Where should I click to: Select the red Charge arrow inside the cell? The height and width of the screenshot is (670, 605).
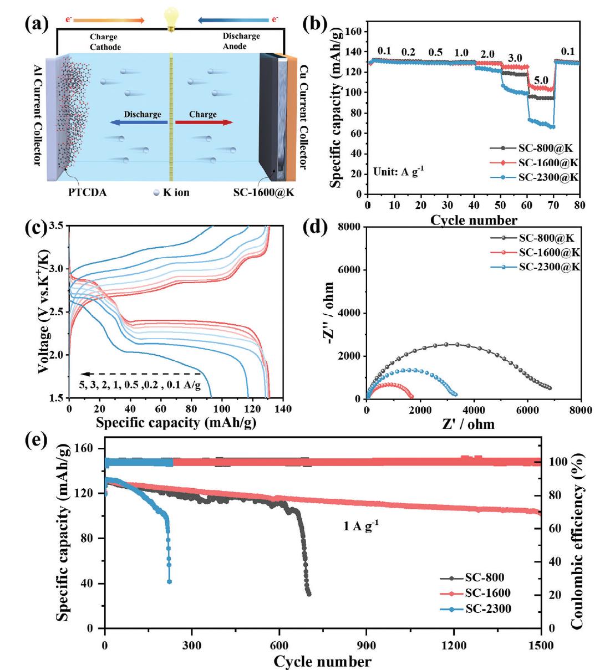[x=204, y=122]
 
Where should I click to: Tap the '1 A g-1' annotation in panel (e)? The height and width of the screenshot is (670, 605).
[x=361, y=526]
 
